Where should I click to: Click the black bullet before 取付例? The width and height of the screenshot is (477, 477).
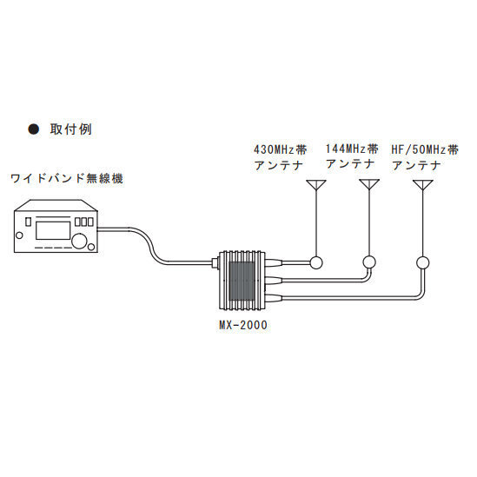35,129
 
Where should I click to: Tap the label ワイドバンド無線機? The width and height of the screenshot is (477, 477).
67,179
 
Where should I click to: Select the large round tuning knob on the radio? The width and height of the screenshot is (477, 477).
82,240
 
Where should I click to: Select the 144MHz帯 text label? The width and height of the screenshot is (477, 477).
351,148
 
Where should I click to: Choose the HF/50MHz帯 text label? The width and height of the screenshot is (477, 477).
425,149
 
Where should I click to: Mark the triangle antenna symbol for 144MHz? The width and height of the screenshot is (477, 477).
370,185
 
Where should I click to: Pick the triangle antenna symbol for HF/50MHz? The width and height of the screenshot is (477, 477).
423,185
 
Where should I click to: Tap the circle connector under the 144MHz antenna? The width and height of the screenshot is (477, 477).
370,262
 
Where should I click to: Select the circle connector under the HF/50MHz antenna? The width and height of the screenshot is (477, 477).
423,262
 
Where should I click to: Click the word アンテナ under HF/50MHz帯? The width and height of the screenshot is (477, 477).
421,163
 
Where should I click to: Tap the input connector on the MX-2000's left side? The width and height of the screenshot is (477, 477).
216,262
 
